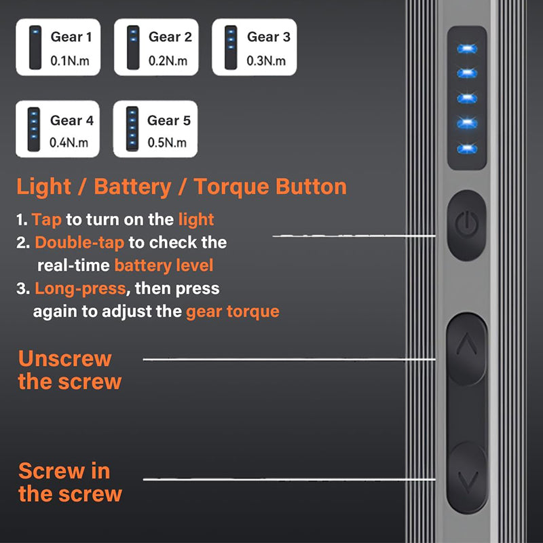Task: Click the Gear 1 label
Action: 71,37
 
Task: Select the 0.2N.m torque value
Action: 168,60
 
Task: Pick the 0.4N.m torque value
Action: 69,143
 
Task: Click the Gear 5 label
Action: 169,121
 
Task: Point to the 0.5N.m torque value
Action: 167,143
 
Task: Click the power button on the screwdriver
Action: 467,225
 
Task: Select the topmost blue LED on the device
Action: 466,48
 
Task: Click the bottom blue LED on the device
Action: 466,148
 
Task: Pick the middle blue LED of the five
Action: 466,98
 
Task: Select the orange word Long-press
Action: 80,288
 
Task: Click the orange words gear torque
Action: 232,312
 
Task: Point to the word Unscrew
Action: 64,358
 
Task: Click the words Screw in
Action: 64,470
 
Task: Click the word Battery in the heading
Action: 132,187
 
